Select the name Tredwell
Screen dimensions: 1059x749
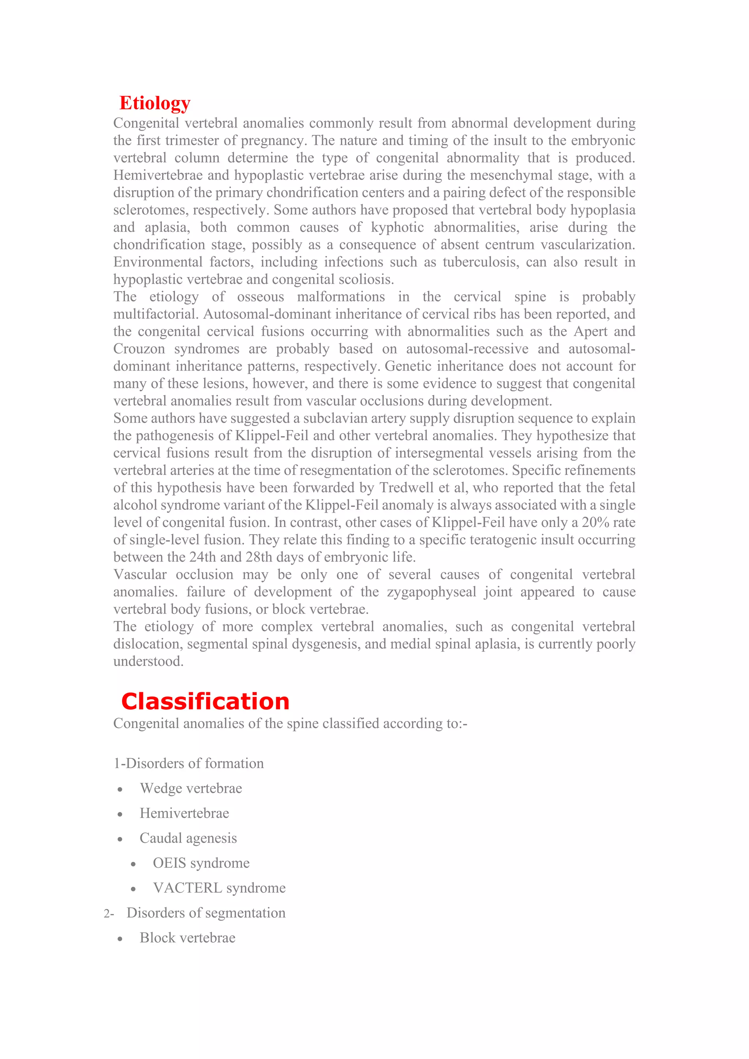tap(408, 488)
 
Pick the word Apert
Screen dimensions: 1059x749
tap(590, 332)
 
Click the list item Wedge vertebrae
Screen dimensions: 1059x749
tap(191, 789)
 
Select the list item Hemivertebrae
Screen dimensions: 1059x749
tap(184, 814)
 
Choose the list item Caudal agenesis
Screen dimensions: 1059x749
tap(188, 838)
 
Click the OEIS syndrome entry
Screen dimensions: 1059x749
tap(201, 863)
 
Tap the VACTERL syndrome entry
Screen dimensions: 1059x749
tap(219, 888)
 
